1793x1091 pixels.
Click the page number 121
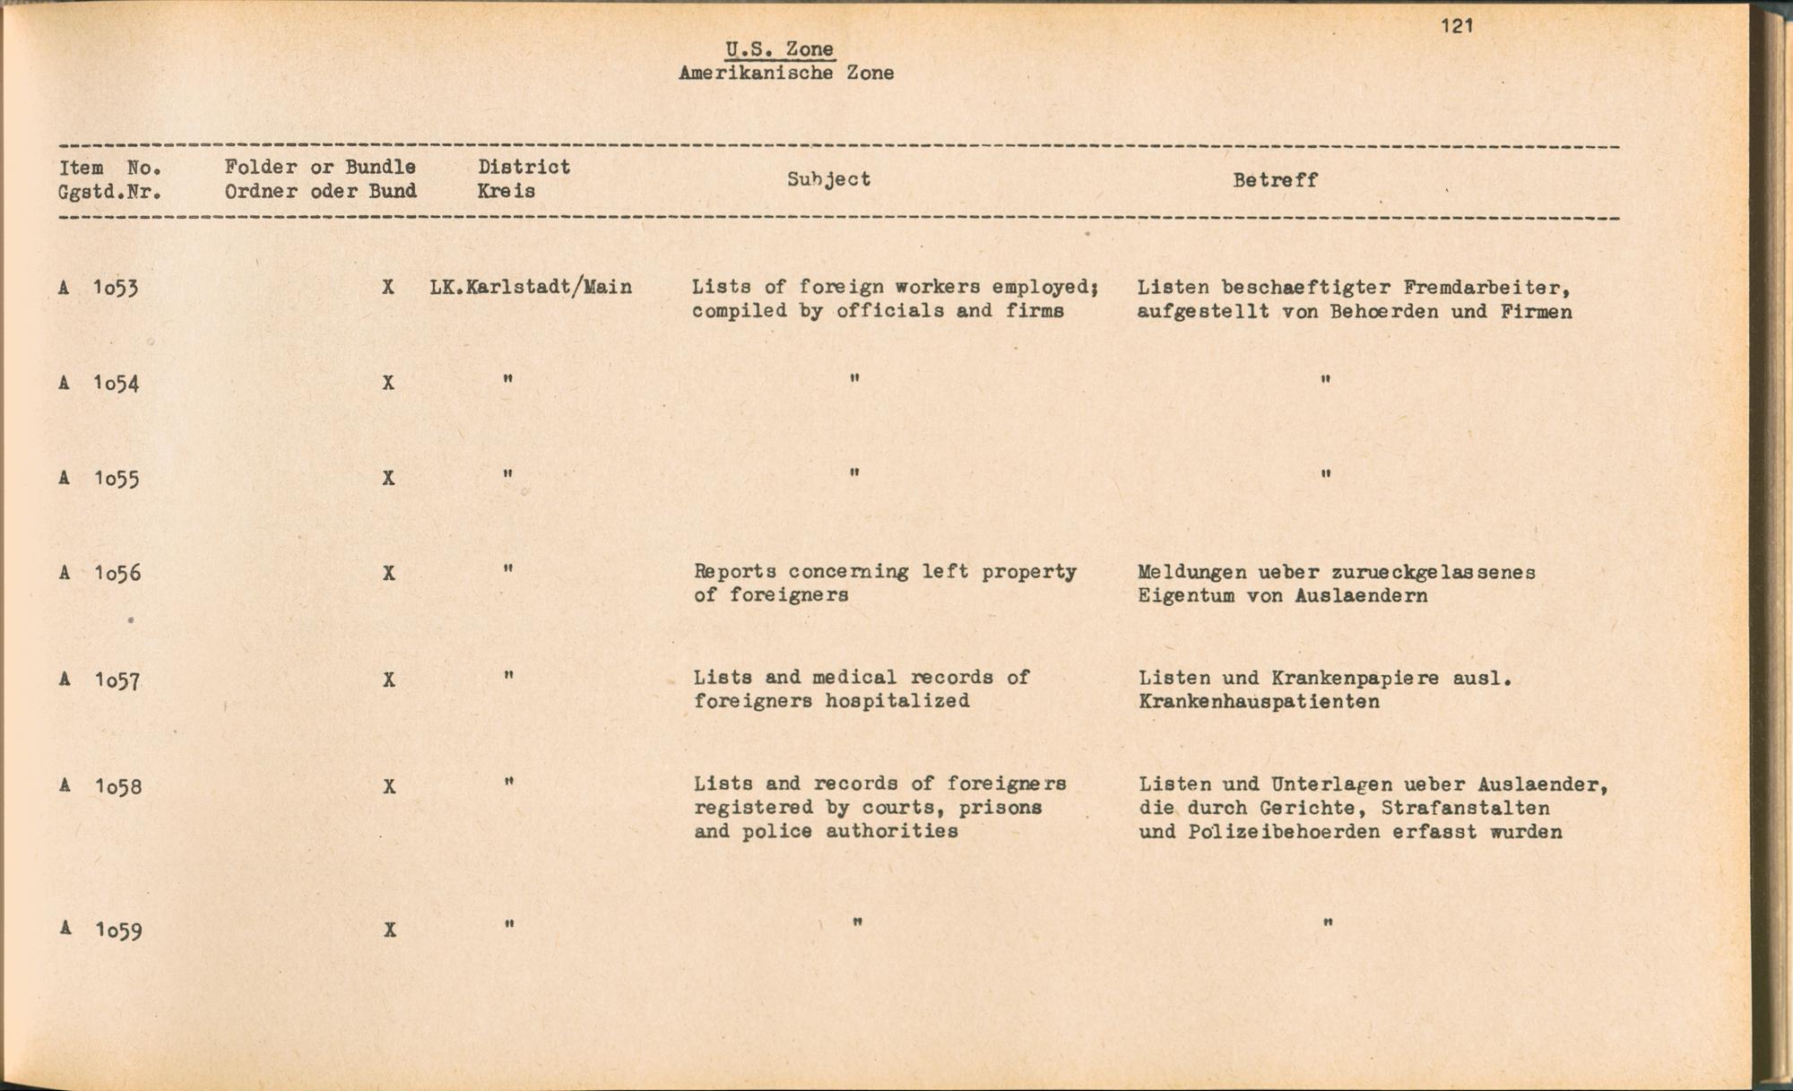[1457, 26]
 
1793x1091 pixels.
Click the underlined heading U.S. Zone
[779, 50]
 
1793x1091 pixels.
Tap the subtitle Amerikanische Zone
[785, 74]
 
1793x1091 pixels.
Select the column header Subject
[828, 179]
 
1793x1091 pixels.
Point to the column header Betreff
[1274, 180]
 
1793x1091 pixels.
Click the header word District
[524, 167]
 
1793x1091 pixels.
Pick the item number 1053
[116, 288]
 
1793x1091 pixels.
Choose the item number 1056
[117, 573]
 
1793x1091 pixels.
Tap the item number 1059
[118, 931]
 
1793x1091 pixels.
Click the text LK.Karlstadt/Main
[530, 287]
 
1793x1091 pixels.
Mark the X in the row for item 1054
[387, 383]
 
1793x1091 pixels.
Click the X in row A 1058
[388, 786]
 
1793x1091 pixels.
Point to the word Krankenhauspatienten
[1259, 702]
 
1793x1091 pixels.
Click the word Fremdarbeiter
[1485, 288]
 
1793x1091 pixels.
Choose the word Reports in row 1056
[735, 572]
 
